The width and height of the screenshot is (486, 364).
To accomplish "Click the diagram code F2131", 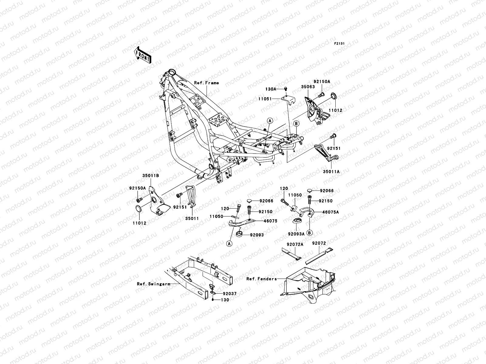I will [x=340, y=44].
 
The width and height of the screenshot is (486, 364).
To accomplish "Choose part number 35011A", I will [x=331, y=172].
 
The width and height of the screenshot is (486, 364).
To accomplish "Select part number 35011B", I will [x=151, y=175].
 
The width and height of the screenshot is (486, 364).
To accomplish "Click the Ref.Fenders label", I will [x=262, y=279].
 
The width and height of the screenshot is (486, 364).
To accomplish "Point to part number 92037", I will [x=229, y=294].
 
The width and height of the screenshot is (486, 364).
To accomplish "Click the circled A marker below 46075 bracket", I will [x=229, y=243].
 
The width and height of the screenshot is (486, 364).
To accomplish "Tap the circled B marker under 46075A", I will [x=310, y=233].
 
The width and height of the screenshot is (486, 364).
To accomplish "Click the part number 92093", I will [x=257, y=235].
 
